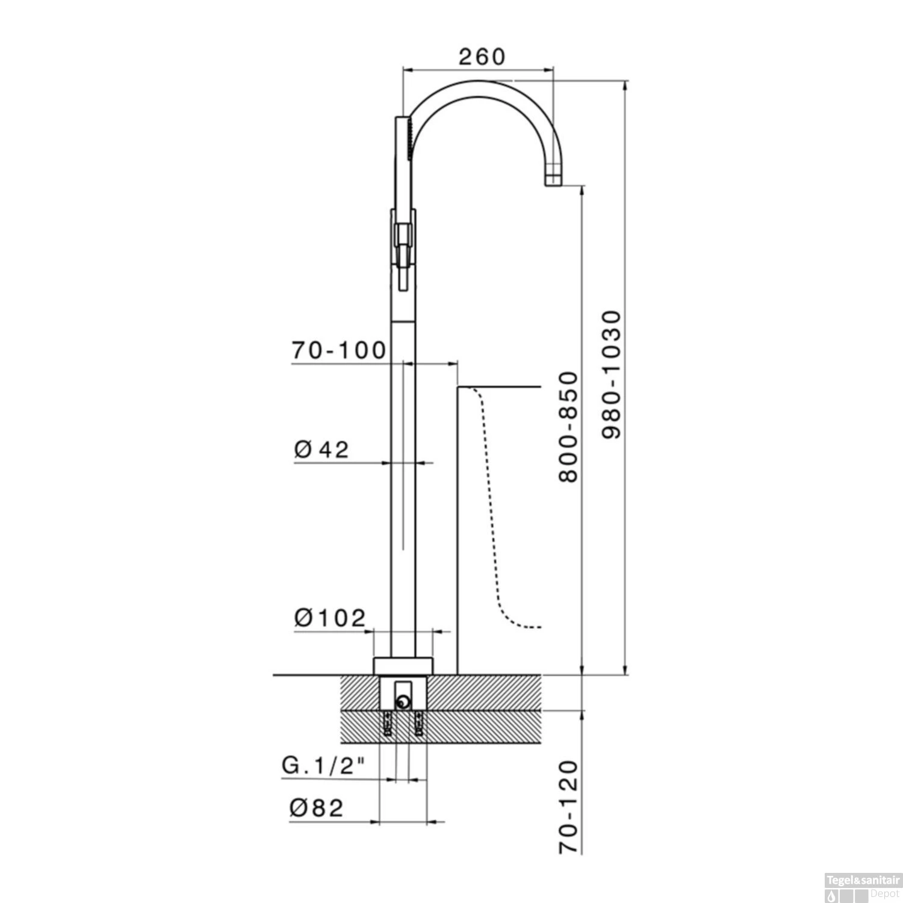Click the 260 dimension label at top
coord(482,57)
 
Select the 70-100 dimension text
coord(339,350)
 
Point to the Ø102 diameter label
coord(330,618)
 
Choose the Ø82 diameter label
coord(316,808)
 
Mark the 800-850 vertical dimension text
coord(568,427)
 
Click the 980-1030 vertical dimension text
coord(610,374)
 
